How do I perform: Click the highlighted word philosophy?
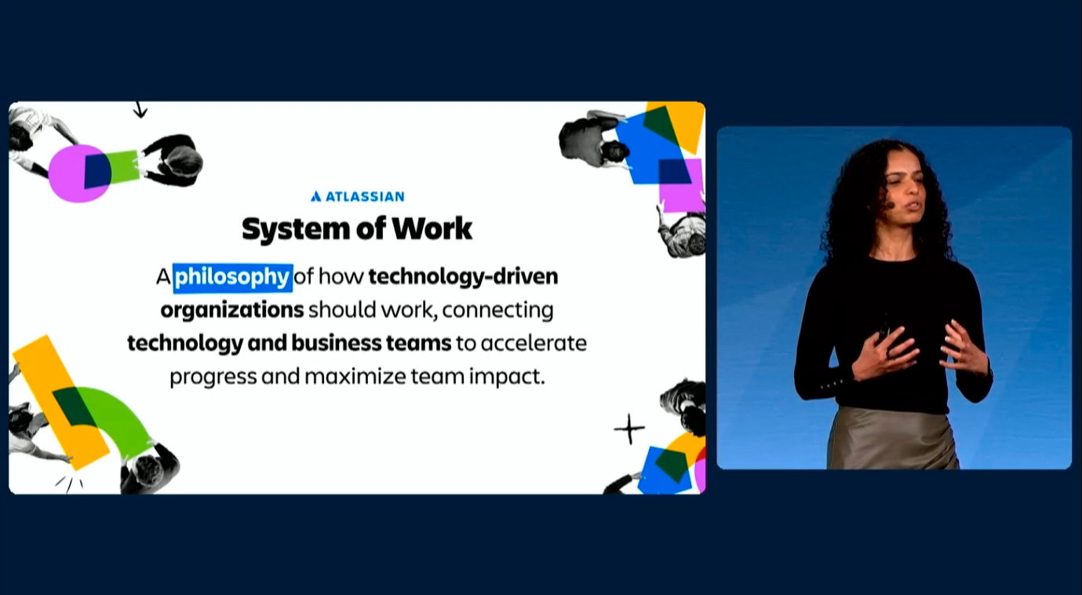[232, 278]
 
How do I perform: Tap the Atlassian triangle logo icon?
[316, 196]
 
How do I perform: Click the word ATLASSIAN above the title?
[365, 197]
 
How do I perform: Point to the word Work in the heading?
[432, 228]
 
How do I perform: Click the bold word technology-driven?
[463, 276]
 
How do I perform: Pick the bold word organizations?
[232, 310]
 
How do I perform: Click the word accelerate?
[534, 343]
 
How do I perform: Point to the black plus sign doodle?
[629, 429]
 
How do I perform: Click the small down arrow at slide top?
[140, 110]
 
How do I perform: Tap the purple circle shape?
[72, 173]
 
